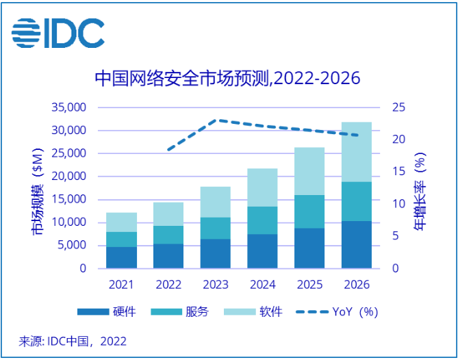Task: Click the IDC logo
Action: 58,32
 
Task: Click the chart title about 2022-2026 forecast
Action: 227,78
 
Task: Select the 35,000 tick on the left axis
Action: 68,107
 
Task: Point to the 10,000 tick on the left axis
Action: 68,222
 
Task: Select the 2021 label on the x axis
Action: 121,284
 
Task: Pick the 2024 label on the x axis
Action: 262,284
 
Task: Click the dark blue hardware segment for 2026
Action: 356,244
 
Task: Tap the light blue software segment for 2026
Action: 356,152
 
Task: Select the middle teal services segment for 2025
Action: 309,211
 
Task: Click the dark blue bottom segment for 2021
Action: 121,257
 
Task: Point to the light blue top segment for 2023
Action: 215,202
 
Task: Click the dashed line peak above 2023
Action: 216,120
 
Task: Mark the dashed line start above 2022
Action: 168,149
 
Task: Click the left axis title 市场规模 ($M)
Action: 36,192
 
